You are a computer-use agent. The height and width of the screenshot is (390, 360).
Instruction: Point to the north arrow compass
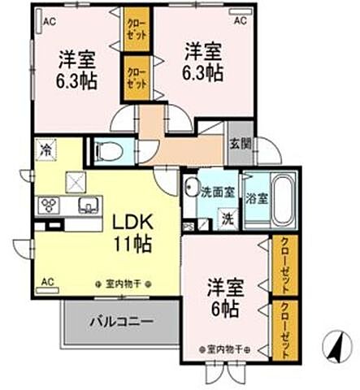pos(332,349)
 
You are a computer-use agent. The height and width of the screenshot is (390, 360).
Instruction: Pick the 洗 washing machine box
pos(228,219)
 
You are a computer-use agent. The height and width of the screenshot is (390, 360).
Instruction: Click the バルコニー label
pos(120,322)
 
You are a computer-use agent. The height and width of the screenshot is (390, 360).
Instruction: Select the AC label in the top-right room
pos(241,22)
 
